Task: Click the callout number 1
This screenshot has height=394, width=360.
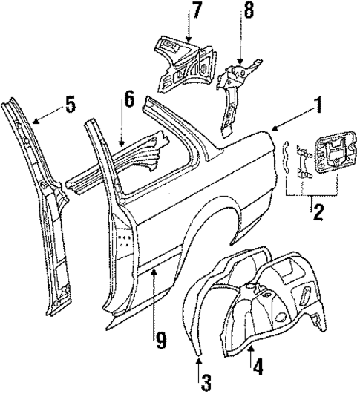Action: (318, 105)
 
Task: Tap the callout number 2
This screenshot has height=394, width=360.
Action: (317, 214)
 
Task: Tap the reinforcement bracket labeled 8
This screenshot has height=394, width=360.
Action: (236, 89)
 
